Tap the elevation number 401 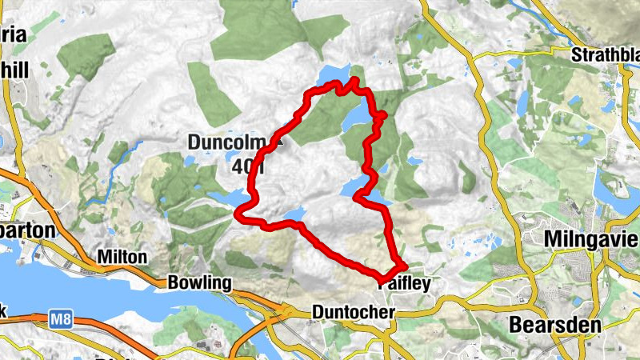[250, 167]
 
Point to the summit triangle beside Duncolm [279, 140]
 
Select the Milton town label [122, 258]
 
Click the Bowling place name [199, 283]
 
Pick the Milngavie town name [590, 239]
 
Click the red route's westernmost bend [238, 213]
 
